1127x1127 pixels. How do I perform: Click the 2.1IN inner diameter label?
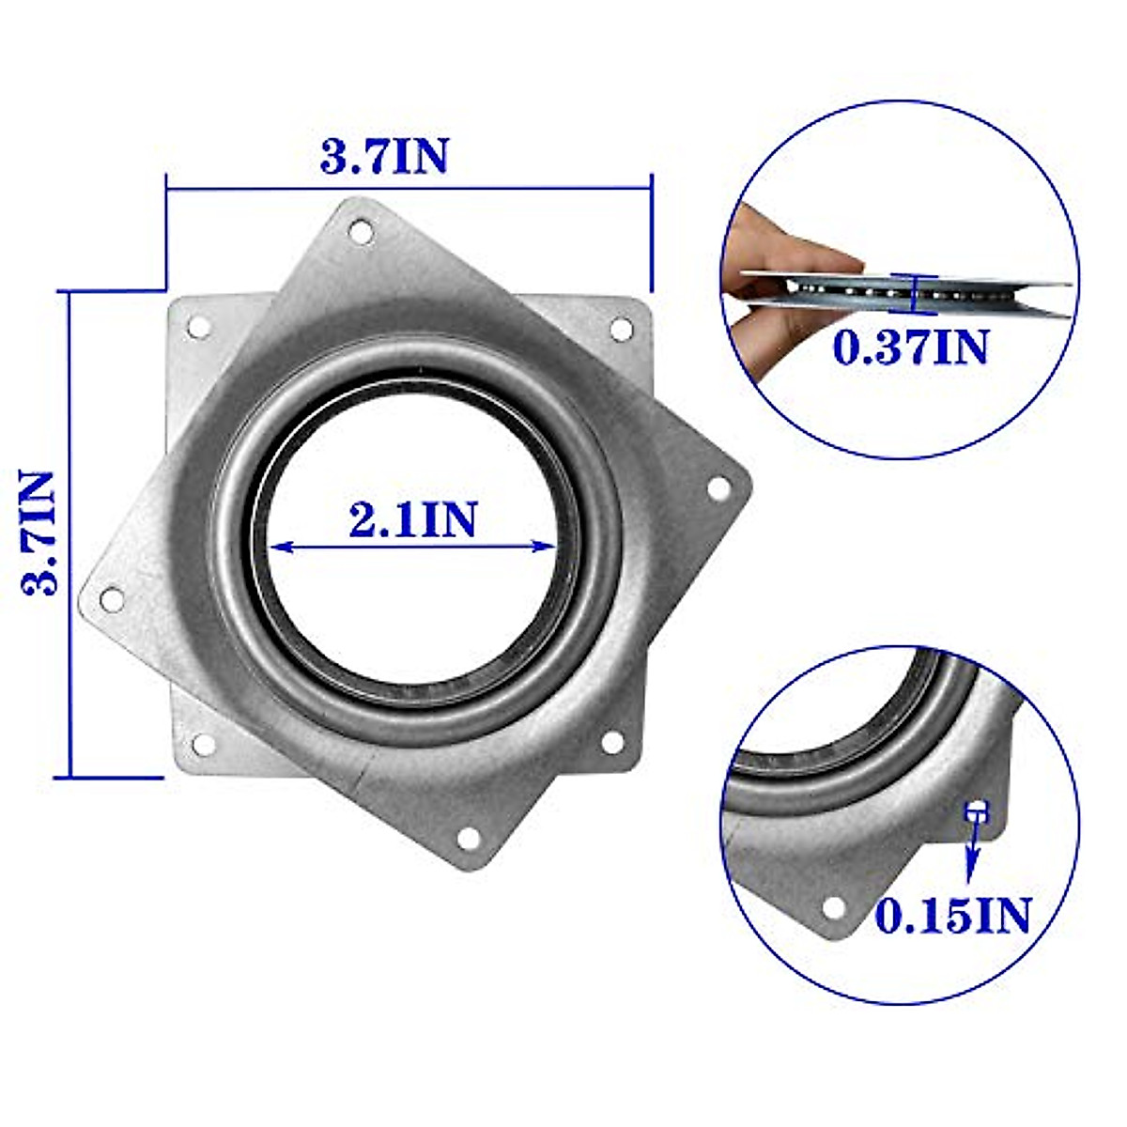pos(413,519)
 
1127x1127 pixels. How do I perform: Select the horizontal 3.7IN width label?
pos(385,156)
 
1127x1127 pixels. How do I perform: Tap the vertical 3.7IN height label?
pos(39,533)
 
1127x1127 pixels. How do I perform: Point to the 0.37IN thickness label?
pos(911,347)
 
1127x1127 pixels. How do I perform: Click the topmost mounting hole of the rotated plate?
pos(360,230)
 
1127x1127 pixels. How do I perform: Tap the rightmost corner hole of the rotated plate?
pos(718,488)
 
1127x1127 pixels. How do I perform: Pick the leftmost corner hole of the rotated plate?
pos(112,597)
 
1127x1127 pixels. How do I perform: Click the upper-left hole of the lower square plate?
pos(199,327)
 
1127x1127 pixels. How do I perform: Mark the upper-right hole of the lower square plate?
pos(621,329)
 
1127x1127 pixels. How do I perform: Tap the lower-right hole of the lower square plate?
pos(611,742)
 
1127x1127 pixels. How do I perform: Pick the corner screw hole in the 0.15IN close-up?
pos(832,907)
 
